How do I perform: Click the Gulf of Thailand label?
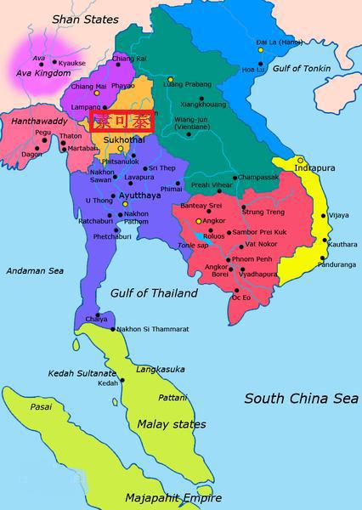154,293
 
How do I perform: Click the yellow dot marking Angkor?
199,221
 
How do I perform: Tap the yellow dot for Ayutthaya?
125,204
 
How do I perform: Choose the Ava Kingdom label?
39,74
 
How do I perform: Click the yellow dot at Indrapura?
301,160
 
